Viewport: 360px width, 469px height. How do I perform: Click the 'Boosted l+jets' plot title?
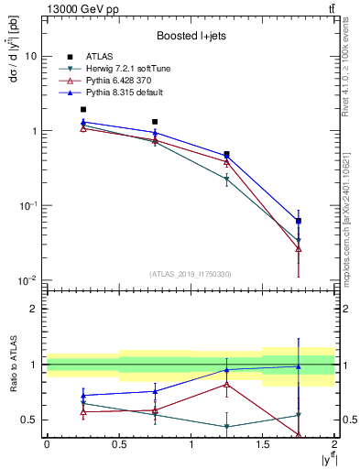click(190, 36)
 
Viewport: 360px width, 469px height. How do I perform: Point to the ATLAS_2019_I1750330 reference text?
click(190, 274)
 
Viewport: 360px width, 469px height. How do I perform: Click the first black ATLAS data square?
click(83, 109)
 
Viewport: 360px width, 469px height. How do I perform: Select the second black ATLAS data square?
click(155, 122)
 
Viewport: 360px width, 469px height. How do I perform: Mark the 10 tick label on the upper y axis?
click(30, 56)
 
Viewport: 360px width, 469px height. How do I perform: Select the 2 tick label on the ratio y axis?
click(33, 309)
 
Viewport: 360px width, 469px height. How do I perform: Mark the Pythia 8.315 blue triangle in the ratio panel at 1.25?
click(226, 370)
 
